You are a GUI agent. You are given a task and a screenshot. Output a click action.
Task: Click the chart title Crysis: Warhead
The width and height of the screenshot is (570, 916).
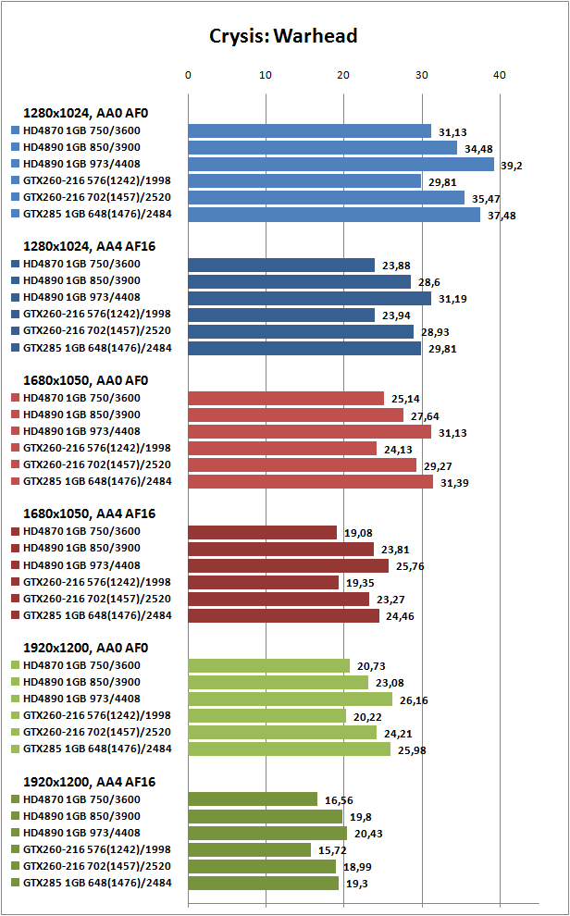click(x=283, y=36)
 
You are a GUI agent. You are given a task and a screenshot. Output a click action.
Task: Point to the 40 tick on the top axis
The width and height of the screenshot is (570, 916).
click(x=500, y=74)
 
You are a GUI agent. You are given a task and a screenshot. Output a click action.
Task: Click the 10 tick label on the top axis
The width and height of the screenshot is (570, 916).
click(x=266, y=74)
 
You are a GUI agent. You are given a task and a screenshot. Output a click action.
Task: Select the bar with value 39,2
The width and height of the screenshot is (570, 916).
click(x=341, y=164)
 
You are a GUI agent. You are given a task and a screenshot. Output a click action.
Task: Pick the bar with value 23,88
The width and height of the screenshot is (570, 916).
click(x=281, y=265)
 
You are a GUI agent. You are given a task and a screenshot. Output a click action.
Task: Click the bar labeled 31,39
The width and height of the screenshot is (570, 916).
click(x=310, y=481)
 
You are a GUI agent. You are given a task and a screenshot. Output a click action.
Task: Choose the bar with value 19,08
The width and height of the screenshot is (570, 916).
click(x=262, y=532)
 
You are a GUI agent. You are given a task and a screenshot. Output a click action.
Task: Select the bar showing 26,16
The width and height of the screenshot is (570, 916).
click(x=290, y=699)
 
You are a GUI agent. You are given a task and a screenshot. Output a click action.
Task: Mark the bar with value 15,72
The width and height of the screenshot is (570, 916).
click(x=249, y=849)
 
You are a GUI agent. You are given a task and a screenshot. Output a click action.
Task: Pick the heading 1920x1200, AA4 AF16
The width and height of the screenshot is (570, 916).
click(x=89, y=782)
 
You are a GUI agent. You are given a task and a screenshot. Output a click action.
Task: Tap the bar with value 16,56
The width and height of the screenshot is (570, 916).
click(x=253, y=798)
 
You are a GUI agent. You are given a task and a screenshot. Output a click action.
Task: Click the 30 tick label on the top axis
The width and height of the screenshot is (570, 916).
click(x=422, y=74)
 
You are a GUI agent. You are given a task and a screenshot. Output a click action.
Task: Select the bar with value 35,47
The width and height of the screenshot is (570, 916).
click(x=326, y=197)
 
